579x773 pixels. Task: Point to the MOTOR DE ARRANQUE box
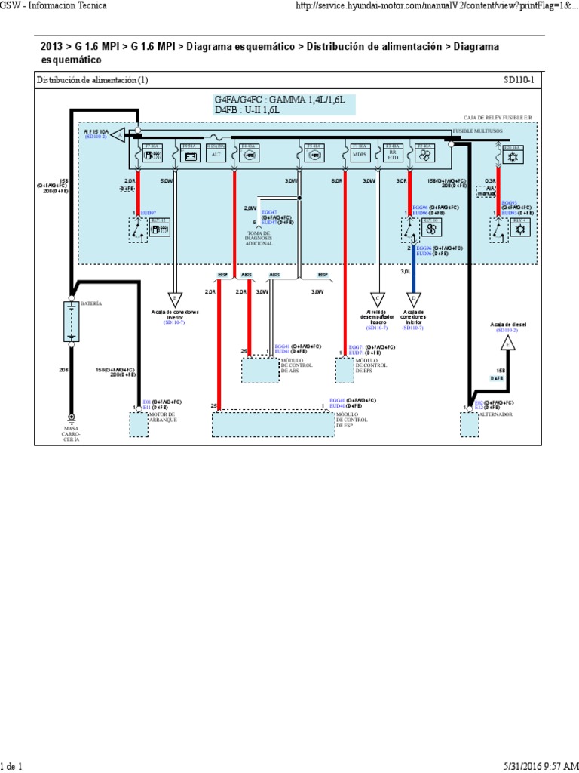(140, 424)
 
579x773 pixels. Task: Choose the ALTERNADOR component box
(469, 424)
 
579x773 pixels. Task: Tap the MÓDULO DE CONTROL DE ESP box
(272, 424)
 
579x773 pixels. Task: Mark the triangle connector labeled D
(413, 297)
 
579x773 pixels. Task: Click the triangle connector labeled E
(507, 344)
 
